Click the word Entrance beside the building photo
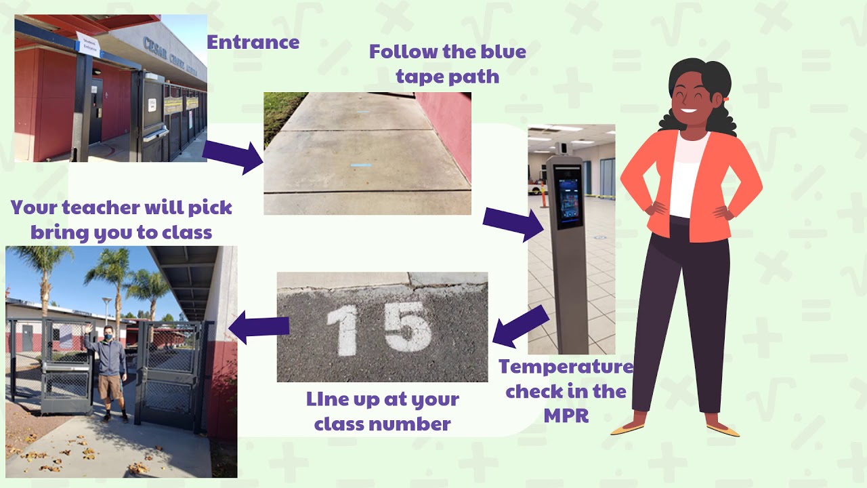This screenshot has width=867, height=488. [253, 42]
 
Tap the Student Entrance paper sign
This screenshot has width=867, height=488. [88, 43]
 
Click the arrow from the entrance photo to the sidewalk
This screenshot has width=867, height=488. [232, 156]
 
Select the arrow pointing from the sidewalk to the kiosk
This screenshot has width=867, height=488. [513, 224]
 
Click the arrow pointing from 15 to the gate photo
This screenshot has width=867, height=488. [259, 327]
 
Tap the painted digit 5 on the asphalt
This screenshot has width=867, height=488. [408, 327]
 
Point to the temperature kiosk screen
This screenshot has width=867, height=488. [568, 196]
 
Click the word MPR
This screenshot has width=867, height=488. [566, 416]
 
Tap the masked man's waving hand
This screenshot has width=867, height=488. [88, 329]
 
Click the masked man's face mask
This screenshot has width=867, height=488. [109, 337]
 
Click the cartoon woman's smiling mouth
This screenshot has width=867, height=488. [689, 110]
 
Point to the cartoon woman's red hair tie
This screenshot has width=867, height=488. [725, 99]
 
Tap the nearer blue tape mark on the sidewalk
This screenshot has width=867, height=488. [361, 165]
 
